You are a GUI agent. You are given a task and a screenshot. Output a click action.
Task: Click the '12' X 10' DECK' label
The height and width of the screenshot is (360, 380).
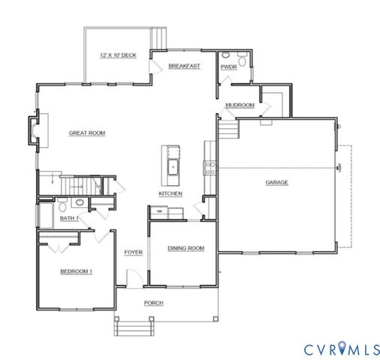click(118, 55)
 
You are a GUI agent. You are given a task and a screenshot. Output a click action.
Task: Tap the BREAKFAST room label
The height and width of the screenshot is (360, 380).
click(184, 66)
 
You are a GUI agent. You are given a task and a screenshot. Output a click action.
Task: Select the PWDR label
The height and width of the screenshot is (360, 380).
click(229, 67)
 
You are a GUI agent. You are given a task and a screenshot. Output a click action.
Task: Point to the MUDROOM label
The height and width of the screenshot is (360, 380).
click(240, 105)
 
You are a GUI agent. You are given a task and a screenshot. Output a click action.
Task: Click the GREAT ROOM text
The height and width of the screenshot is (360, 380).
click(87, 133)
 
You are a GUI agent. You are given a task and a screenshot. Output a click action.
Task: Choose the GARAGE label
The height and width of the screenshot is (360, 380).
click(276, 182)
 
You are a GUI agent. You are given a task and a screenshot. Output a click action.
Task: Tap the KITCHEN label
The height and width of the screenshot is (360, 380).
click(170, 193)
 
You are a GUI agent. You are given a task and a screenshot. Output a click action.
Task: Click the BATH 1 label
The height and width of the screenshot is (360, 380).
click(70, 218)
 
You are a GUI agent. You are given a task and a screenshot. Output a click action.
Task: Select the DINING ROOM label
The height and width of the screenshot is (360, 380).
click(185, 248)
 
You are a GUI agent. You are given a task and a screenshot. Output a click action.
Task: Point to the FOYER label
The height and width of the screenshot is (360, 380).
click(134, 252)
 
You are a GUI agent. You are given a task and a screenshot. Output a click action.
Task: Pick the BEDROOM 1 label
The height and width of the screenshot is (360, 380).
click(77, 271)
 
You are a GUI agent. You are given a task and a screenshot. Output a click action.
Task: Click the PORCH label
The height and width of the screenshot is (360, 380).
click(154, 303)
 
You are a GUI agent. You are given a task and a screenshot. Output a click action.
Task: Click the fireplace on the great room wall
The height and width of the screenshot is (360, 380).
click(34, 129)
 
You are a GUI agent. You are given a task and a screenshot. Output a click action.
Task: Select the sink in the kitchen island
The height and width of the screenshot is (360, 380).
click(173, 166)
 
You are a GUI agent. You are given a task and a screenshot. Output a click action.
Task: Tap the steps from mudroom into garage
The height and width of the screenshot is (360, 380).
click(228, 129)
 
